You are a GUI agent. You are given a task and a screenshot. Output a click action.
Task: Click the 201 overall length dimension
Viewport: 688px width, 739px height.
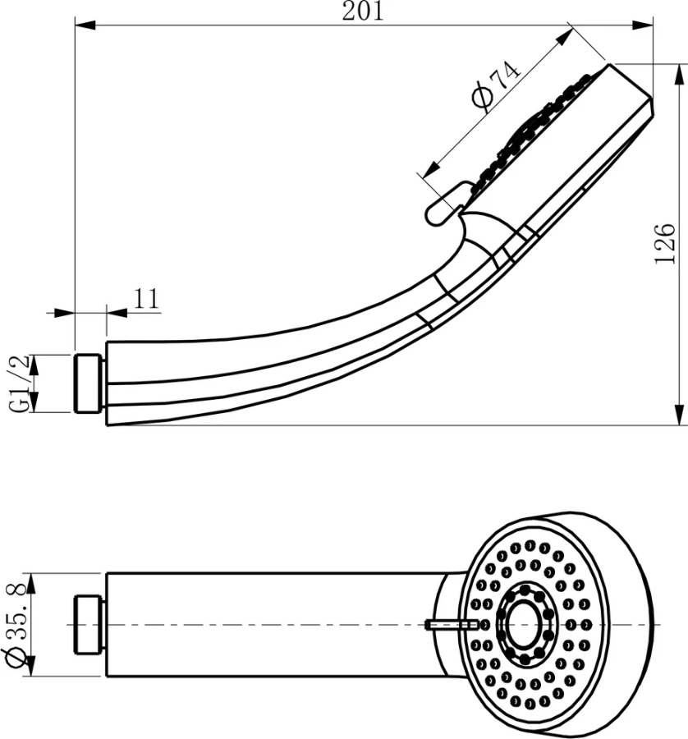[x=361, y=11]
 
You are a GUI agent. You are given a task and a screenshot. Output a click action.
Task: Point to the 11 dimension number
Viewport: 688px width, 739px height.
[x=146, y=298]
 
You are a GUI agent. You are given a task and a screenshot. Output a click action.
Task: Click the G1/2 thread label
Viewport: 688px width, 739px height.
[x=19, y=383]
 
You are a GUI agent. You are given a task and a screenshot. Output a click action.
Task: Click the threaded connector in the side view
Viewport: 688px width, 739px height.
[x=89, y=383]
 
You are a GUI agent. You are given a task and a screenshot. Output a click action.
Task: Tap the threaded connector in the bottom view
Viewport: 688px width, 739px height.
[x=89, y=625]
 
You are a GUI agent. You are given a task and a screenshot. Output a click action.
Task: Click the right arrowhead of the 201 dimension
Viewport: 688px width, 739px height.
[x=643, y=26]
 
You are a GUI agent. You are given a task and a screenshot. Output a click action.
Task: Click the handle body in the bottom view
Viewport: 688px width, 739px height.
[x=271, y=625]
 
